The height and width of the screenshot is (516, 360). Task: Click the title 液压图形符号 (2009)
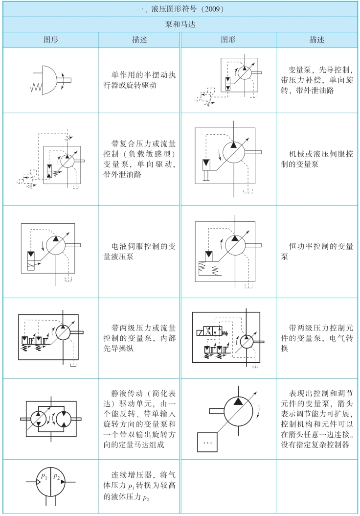180,9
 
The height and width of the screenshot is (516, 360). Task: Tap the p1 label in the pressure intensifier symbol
45,475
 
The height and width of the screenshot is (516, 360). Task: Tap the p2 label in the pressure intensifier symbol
57,475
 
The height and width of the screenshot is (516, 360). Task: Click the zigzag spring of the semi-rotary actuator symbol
37,87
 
